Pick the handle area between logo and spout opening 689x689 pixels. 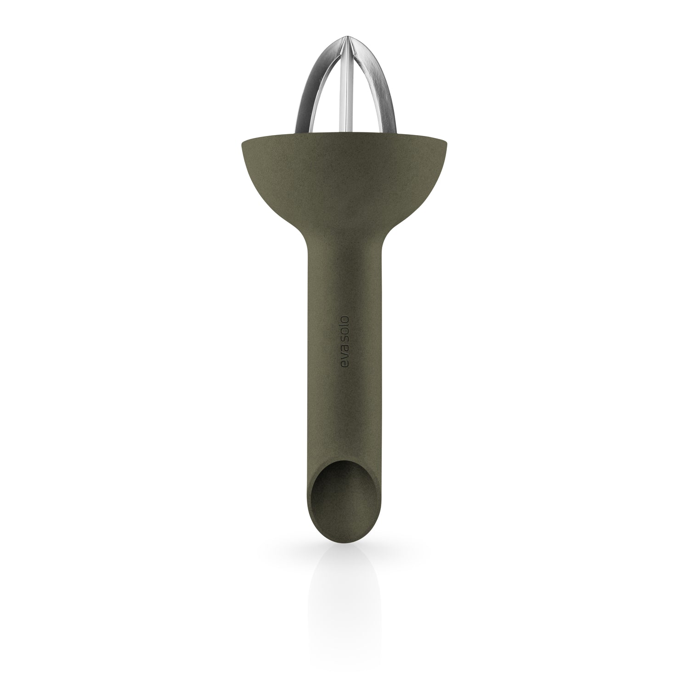click(344, 413)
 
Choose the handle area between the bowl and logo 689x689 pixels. click(344, 285)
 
